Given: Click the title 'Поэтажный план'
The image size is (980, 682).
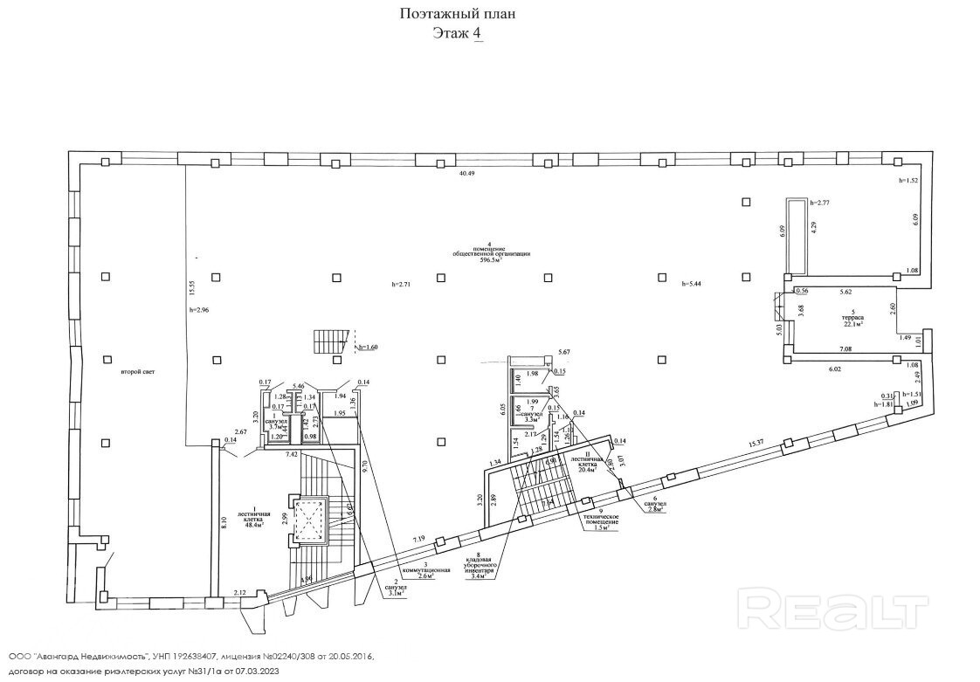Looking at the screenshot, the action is pyautogui.click(x=458, y=13).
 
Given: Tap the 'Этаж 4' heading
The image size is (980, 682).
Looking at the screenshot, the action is pyautogui.click(x=458, y=33).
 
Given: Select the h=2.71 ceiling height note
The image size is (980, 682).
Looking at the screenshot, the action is pyautogui.click(x=402, y=285).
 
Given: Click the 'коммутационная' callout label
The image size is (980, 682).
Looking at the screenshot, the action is pyautogui.click(x=424, y=569).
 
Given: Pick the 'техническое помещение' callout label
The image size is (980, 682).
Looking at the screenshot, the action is pyautogui.click(x=601, y=520).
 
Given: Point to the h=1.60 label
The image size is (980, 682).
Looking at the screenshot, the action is pyautogui.click(x=367, y=348).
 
